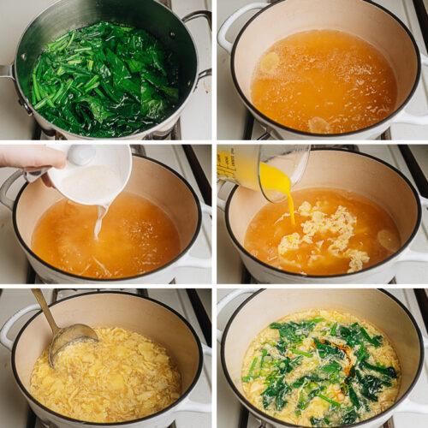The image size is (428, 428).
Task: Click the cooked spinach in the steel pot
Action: [x=103, y=81]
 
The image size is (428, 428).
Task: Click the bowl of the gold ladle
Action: [x=73, y=335]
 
